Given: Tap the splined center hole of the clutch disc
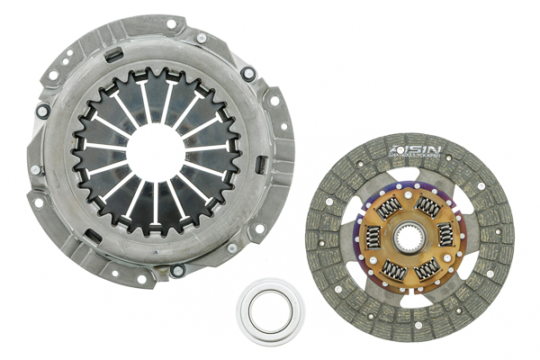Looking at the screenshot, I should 409,238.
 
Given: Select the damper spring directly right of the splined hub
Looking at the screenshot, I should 444,236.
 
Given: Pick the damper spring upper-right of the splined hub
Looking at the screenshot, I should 428,208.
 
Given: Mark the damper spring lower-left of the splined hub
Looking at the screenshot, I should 391,268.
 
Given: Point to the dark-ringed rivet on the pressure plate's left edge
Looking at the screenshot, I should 42,112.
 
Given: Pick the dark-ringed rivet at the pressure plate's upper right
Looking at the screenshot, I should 247,75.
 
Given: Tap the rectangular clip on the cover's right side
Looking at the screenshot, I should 260,166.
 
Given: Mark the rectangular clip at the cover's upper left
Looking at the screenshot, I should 112,54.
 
